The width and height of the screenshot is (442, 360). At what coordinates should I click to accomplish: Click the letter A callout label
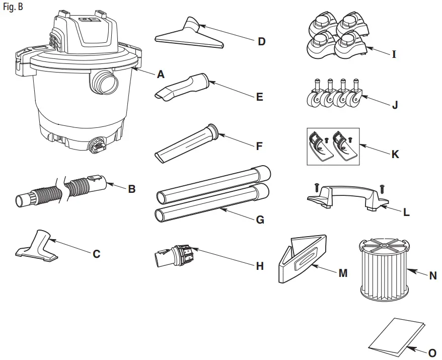[x=161, y=75]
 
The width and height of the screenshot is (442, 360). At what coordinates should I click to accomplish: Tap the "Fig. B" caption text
[x=13, y=8]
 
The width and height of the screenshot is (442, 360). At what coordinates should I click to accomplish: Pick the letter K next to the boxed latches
[x=395, y=155]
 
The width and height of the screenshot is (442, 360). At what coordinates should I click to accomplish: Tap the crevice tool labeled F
[x=186, y=143]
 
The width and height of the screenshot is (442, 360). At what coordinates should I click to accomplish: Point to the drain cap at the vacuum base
[x=96, y=146]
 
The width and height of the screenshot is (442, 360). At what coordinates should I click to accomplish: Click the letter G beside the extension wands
[x=260, y=220]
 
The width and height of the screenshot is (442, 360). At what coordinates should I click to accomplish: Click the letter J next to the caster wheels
[x=395, y=106]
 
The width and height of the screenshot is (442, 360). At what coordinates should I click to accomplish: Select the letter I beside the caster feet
[x=394, y=54]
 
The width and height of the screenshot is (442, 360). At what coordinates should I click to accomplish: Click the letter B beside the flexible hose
[x=131, y=190]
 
